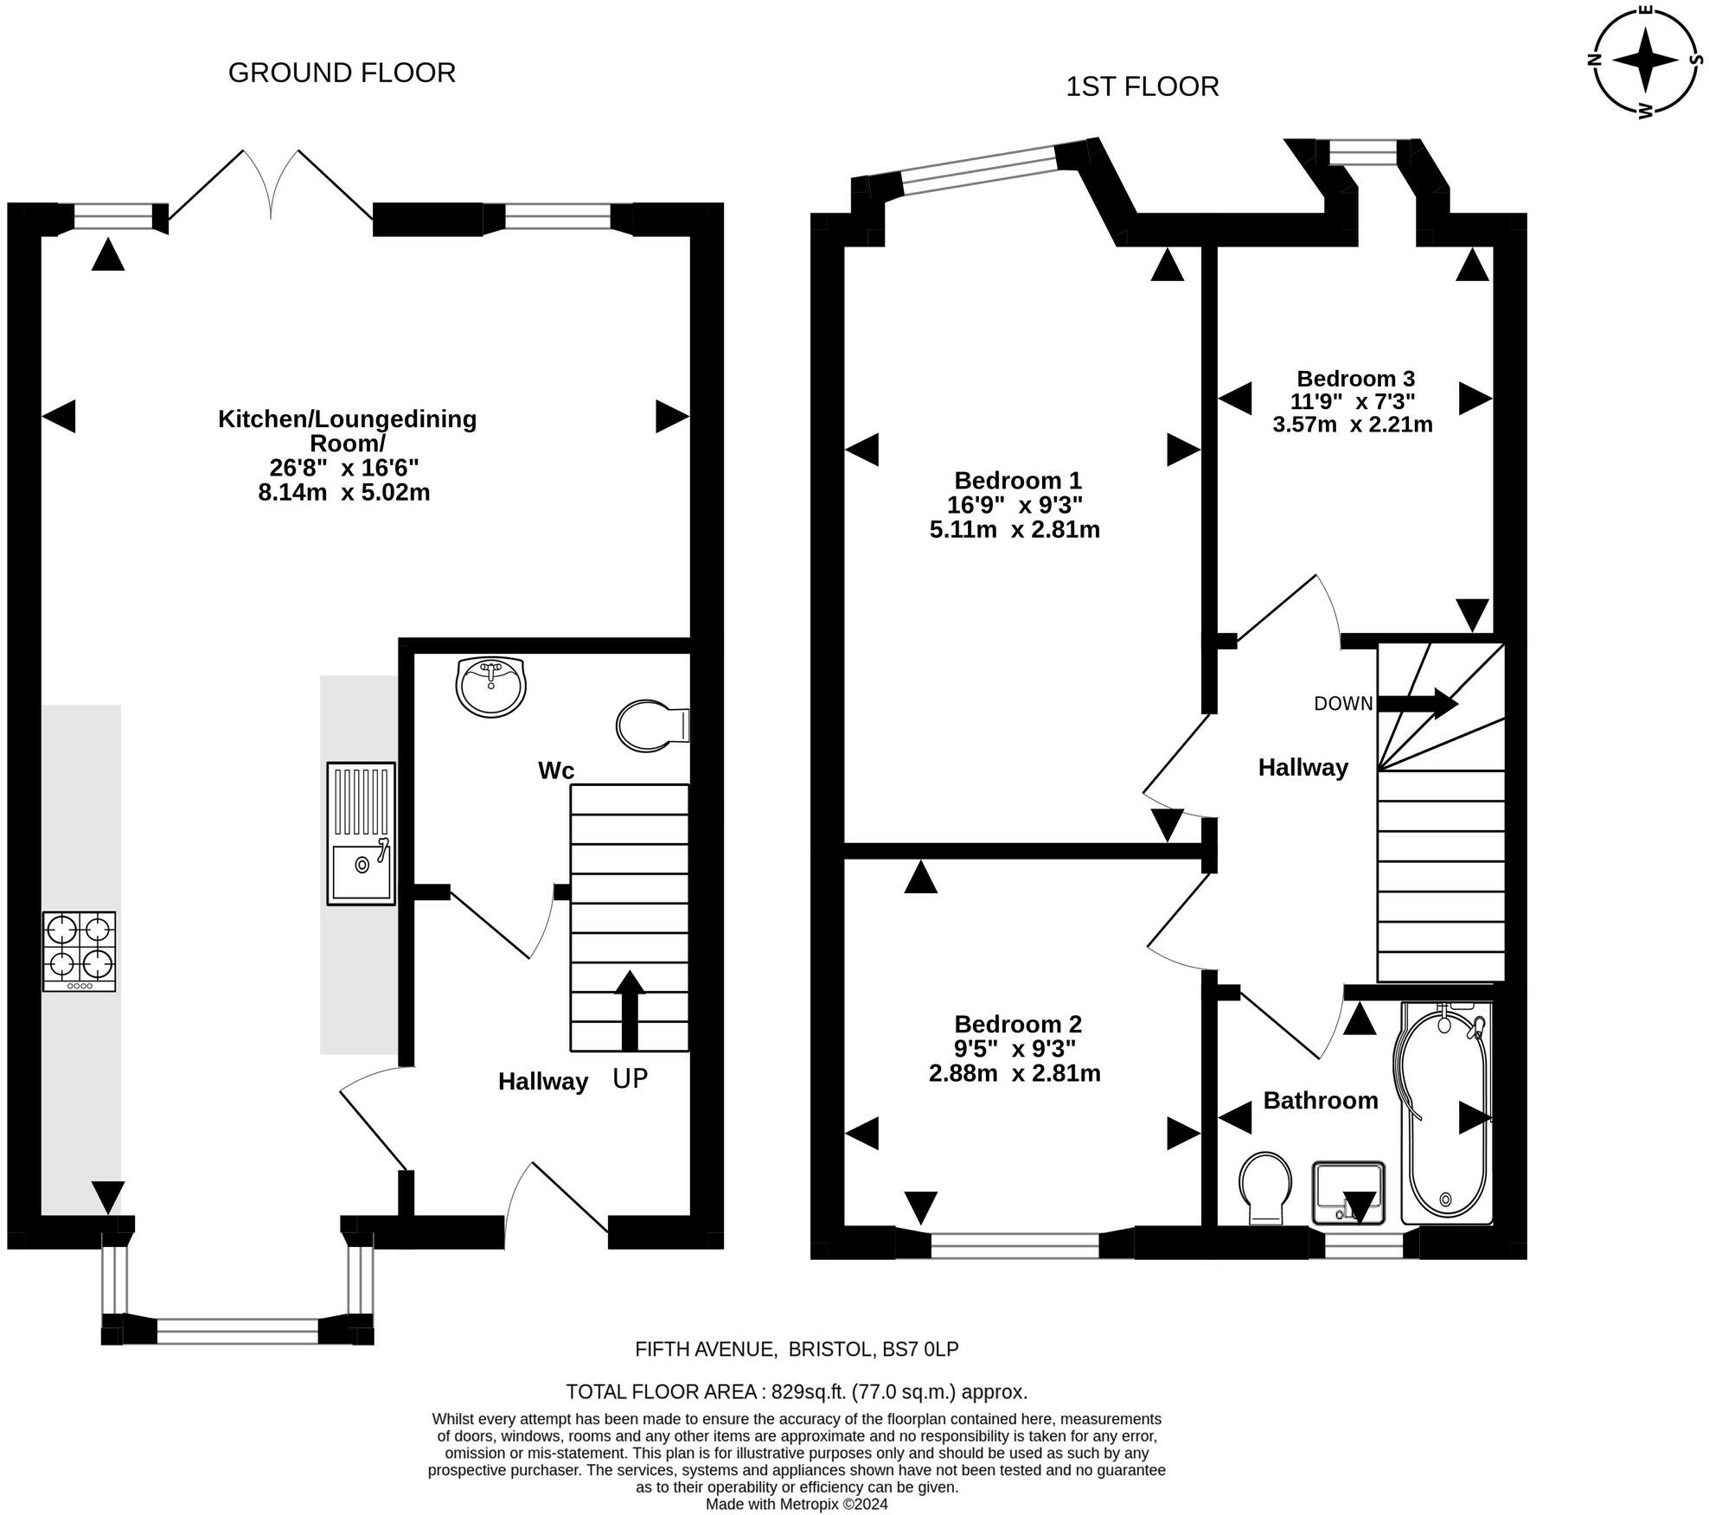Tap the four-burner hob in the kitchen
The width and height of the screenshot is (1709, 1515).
[80, 951]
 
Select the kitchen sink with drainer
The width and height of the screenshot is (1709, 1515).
[361, 833]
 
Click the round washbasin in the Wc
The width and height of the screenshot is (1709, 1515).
[490, 686]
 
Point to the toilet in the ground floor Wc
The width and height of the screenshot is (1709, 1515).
[650, 725]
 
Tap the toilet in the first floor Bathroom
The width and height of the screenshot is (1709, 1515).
[1265, 1186]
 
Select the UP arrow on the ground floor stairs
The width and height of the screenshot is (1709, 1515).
[630, 1009]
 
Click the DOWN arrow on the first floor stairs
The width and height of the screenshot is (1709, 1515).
[1418, 702]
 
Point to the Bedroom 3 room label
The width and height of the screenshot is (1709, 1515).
[1355, 378]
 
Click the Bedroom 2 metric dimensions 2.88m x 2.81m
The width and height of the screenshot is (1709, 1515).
[1015, 1073]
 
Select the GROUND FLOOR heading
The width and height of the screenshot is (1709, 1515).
[342, 73]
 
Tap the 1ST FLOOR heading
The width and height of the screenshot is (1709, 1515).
[1142, 86]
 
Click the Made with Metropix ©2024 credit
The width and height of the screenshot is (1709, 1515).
[797, 1504]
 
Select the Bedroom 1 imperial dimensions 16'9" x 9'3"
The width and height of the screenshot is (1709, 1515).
[1015, 504]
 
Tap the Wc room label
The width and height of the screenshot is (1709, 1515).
[556, 770]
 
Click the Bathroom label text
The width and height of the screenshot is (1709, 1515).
[1320, 1100]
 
